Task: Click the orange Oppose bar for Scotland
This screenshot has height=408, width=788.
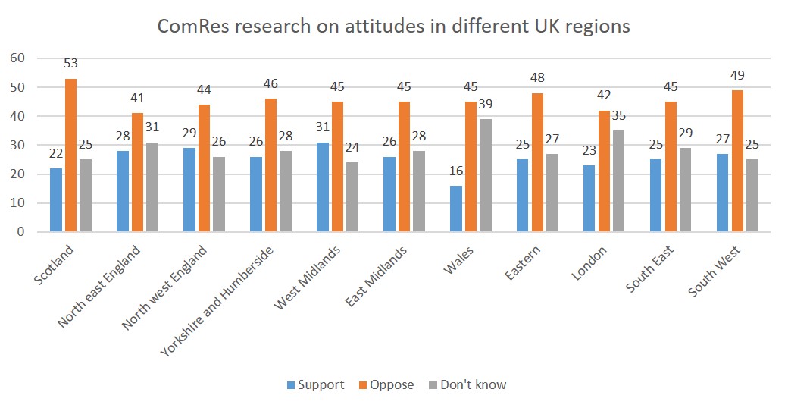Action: click(x=70, y=155)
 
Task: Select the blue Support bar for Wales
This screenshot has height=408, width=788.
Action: click(x=456, y=209)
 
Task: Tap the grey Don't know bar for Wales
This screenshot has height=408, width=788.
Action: click(x=486, y=175)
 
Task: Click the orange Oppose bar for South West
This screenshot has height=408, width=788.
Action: click(x=736, y=161)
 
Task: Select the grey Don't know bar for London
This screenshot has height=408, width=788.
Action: click(x=619, y=181)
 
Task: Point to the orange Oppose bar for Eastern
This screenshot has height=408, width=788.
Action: click(x=537, y=162)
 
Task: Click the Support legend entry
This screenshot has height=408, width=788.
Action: click(x=315, y=384)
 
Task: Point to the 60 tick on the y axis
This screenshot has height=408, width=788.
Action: click(x=17, y=58)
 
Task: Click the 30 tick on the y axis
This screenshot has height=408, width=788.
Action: click(x=17, y=146)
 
